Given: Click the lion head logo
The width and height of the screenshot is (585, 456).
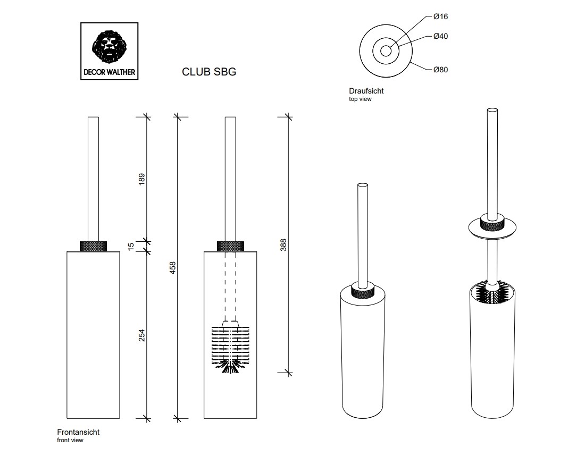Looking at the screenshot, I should click(110, 47).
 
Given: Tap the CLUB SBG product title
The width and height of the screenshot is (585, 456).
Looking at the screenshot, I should click(209, 72).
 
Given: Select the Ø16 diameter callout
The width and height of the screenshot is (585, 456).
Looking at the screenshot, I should click(440, 16).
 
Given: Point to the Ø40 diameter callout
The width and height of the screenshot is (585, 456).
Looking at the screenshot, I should click(440, 37).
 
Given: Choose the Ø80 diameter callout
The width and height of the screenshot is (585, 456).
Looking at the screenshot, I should click(440, 70).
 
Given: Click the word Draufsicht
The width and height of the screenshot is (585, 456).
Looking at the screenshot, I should click(366, 91).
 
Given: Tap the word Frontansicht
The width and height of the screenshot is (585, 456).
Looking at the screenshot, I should click(78, 433).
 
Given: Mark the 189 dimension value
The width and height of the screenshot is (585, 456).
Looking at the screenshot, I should click(141, 179).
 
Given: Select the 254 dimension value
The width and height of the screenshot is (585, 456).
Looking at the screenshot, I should click(141, 336).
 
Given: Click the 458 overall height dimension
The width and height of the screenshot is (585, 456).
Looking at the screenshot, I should click(172, 267).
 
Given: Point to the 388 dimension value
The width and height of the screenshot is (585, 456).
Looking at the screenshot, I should click(283, 245).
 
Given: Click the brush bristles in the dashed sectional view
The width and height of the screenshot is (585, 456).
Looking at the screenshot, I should click(230, 345).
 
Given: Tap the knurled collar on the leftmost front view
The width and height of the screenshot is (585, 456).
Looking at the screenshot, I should click(93, 246).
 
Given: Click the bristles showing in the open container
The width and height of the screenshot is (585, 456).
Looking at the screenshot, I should click(492, 292).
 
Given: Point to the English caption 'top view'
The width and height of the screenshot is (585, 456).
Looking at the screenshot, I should click(361, 99).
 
